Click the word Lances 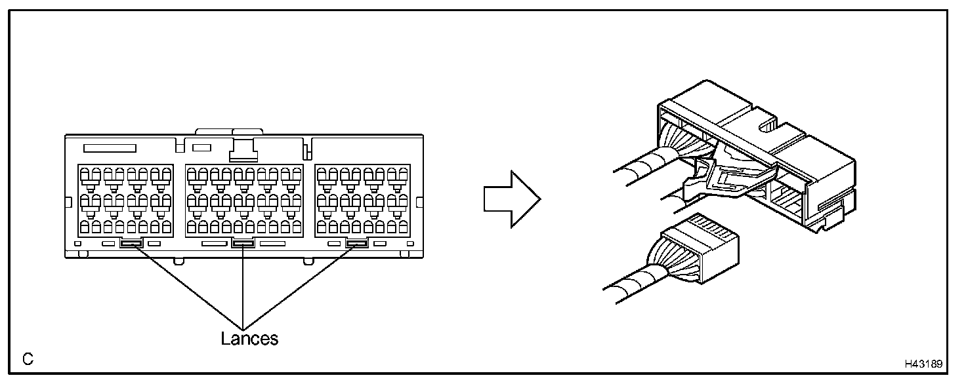pos(249,339)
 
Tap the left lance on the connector pos(131,244)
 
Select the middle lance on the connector pos(243,244)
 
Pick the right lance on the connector pos(357,244)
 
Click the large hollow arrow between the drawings pos(511,199)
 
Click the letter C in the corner pos(28,359)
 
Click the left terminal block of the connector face pos(125,199)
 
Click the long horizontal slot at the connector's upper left pos(110,148)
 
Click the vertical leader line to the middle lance pos(243,288)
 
